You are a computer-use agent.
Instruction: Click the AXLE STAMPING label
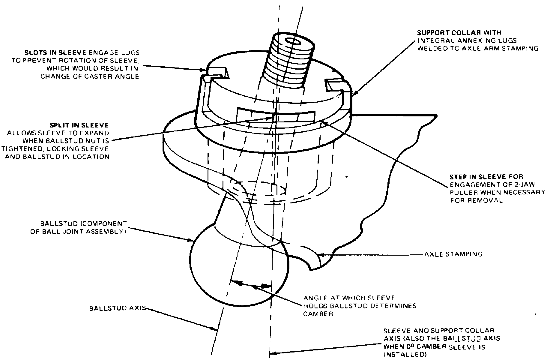453,254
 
